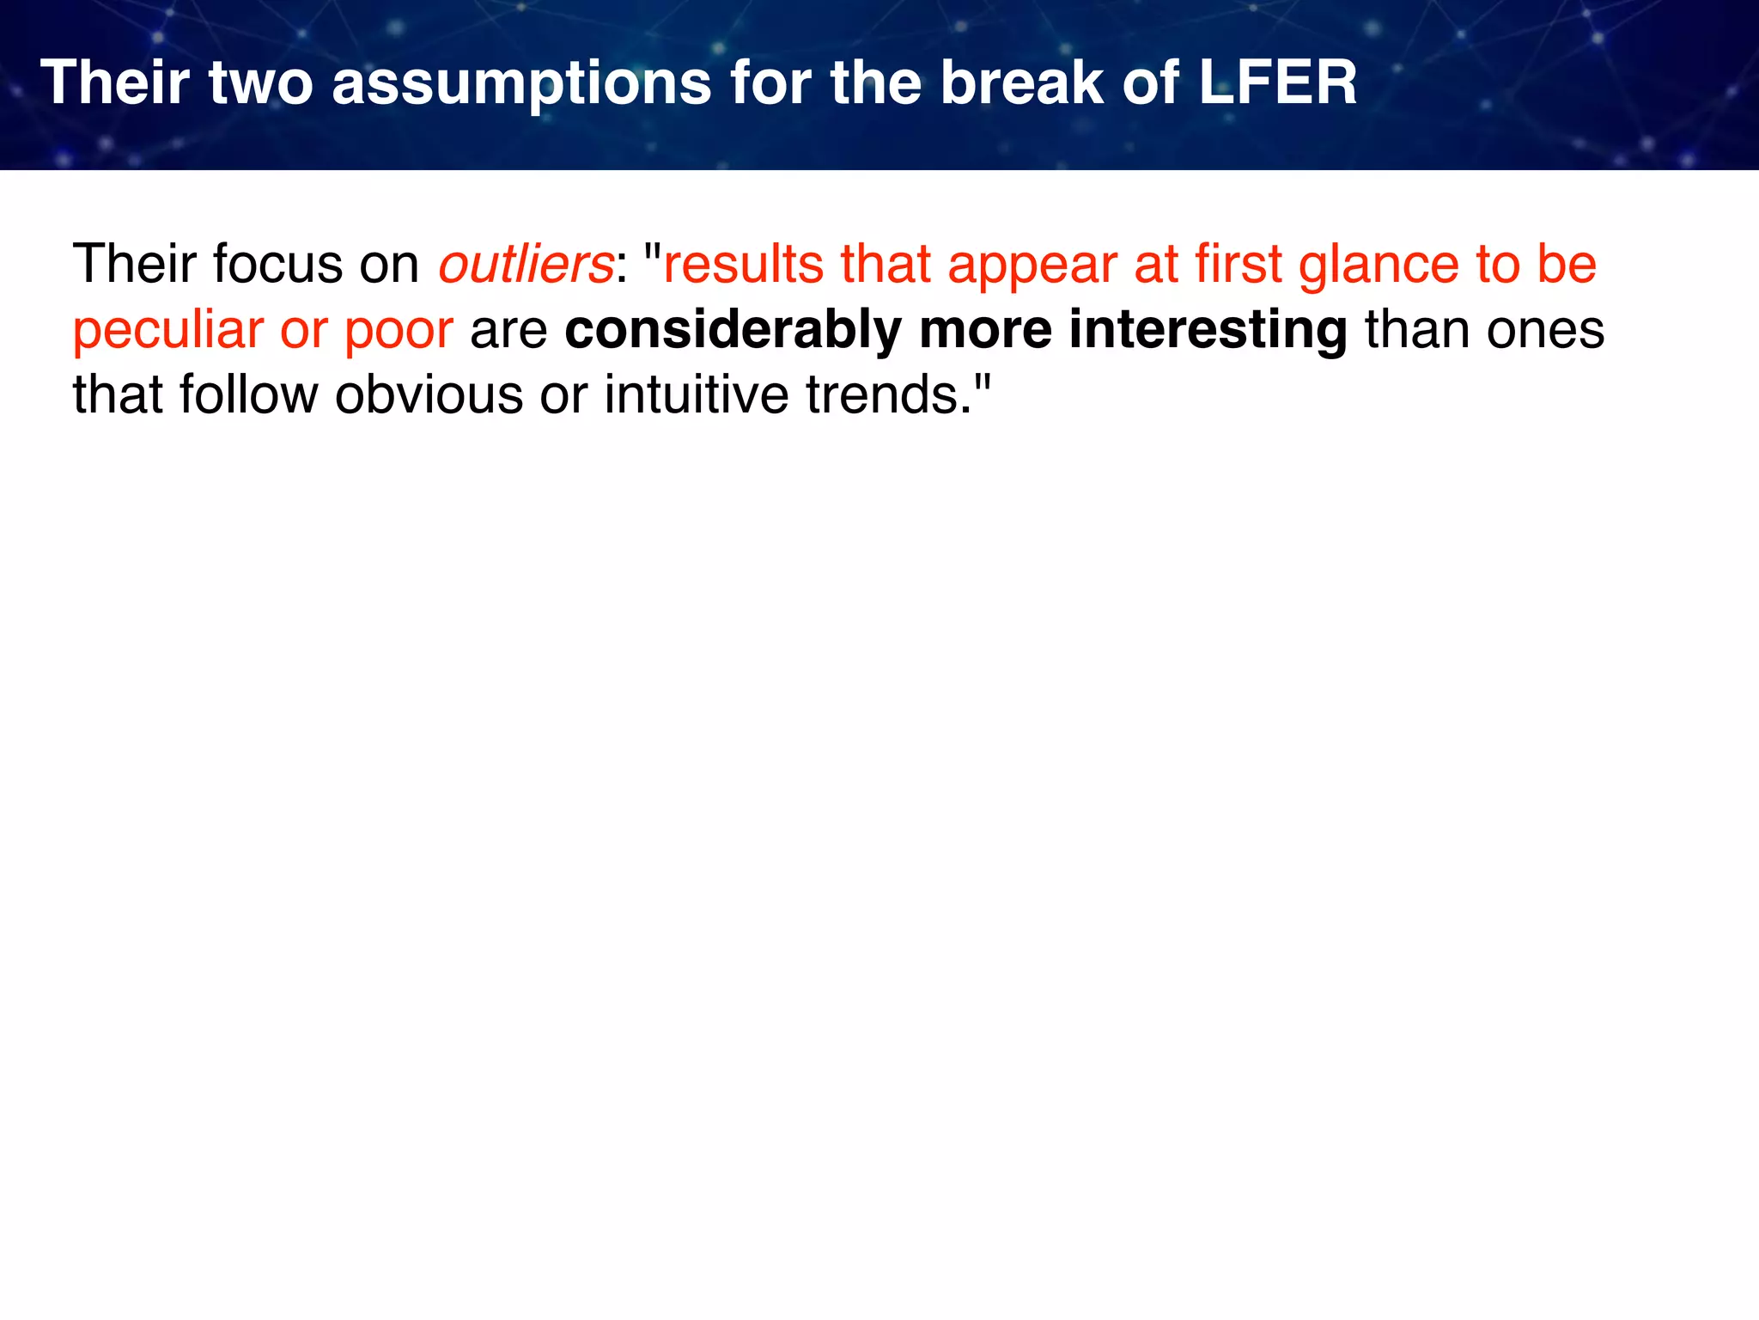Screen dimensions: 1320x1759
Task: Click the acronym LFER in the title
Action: [1277, 82]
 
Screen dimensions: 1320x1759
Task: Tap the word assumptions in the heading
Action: [521, 84]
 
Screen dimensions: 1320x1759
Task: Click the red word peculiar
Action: [167, 331]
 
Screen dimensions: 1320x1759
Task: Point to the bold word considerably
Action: [733, 331]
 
